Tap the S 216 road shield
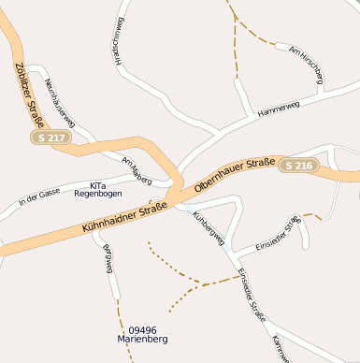pyautogui.click(x=299, y=166)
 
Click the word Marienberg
pyautogui.click(x=142, y=340)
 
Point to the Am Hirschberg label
pyautogui.click(x=306, y=65)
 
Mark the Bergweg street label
pyautogui.click(x=108, y=257)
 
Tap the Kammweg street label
pyautogui.click(x=280, y=350)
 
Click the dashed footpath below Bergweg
pyautogui.click(x=119, y=318)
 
